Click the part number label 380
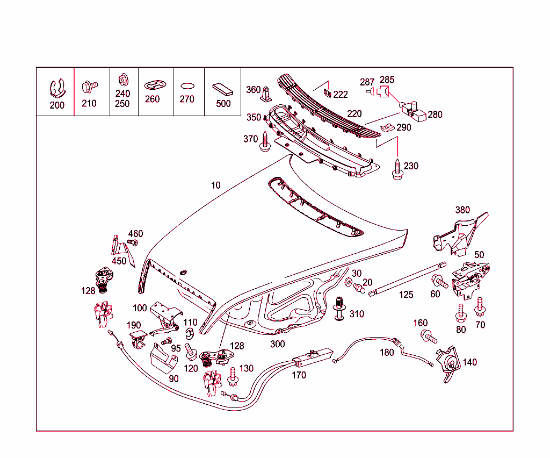pos(462,210)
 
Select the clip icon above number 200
pos(57,88)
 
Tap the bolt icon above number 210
pos(89,85)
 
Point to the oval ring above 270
pos(187,85)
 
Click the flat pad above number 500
pos(222,88)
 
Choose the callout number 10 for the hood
pos(215,185)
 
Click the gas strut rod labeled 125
pos(408,277)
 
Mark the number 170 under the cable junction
pos(299,375)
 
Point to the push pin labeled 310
pos(339,309)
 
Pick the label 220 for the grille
pos(354,114)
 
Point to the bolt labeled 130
pos(233,376)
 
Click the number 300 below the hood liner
pos(278,344)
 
